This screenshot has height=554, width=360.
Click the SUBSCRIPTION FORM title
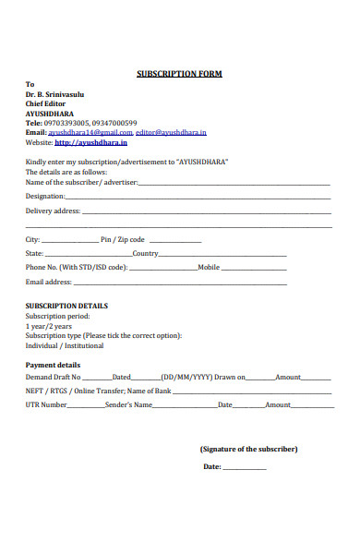179,74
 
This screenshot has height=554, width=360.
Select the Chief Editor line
45,103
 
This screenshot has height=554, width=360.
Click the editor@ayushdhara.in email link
172,133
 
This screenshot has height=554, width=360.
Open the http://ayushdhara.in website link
90,143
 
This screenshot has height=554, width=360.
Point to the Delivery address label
53,211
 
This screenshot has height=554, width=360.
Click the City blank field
70,240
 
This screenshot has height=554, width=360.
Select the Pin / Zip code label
124,240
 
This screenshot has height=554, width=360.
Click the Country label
145,254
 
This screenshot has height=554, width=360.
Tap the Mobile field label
209,268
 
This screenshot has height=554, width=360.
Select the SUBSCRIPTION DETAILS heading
66,306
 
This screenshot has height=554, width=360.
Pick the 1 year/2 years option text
50,326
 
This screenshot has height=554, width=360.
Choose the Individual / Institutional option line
65,346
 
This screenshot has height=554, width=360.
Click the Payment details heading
53,366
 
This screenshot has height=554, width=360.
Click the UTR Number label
46,405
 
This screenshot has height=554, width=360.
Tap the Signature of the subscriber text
248,449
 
